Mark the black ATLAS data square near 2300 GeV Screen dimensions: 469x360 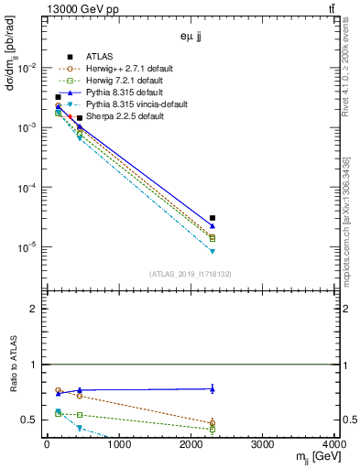pyautogui.click(x=213, y=218)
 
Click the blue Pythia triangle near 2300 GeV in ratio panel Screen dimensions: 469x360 pyautogui.click(x=213, y=388)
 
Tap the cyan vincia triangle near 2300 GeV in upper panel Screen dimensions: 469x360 pyautogui.click(x=213, y=251)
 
